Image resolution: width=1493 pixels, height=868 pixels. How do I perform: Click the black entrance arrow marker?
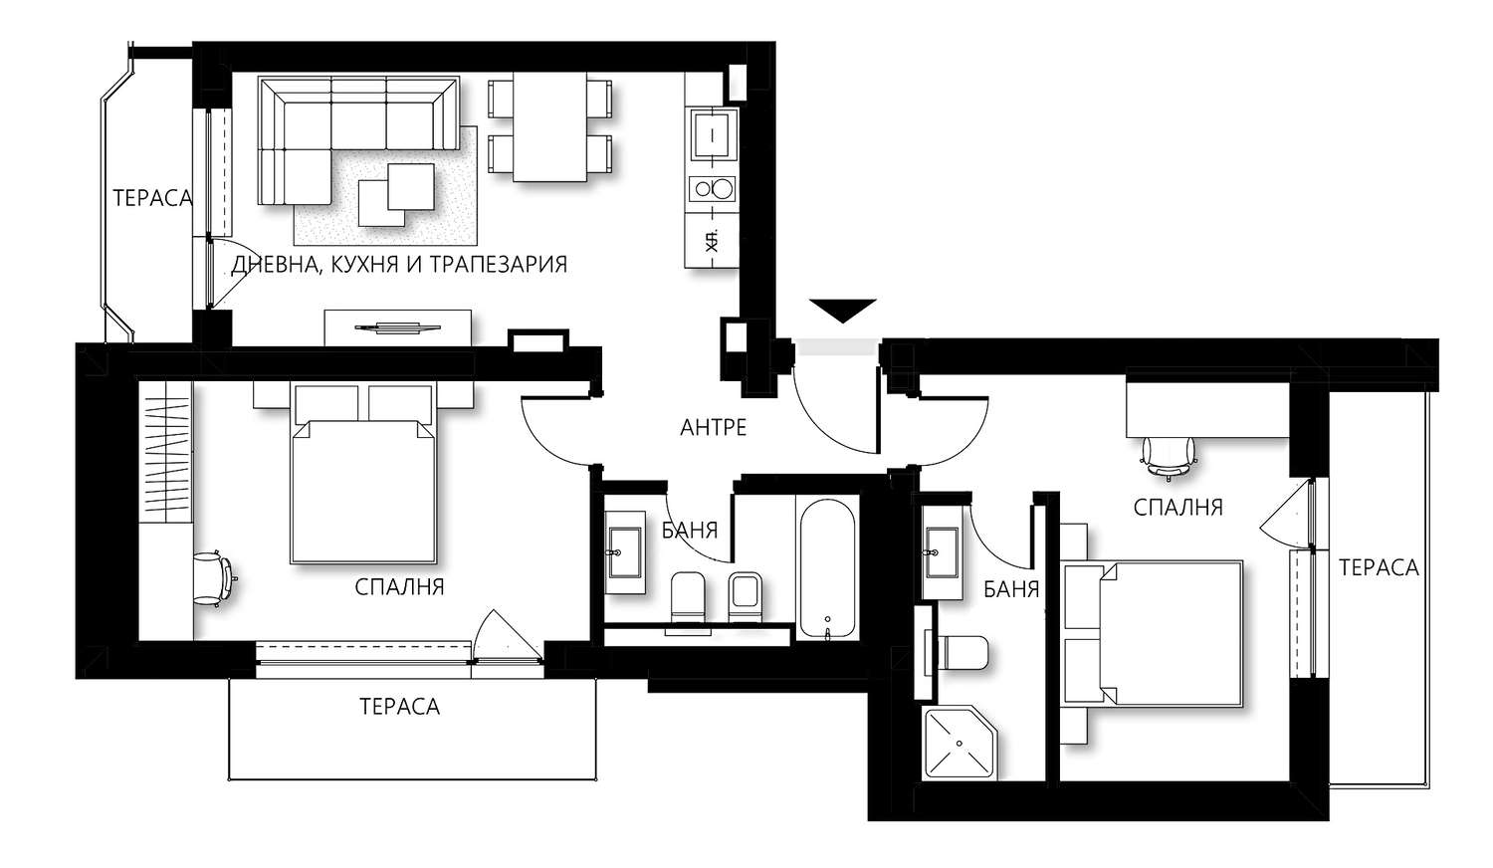coord(842,311)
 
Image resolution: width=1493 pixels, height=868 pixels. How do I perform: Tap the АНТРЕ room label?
coord(714,427)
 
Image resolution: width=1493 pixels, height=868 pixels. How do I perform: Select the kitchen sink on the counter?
coord(714,135)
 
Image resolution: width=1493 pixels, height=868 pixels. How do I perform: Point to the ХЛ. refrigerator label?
coord(712,241)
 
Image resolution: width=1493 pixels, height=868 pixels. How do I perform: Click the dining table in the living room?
coord(549,126)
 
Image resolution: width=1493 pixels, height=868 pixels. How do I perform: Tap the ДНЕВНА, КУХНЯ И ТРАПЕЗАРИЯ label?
coord(399,265)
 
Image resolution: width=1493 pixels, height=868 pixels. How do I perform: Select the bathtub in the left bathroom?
coord(826,568)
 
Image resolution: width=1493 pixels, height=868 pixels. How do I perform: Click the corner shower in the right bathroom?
coord(960,743)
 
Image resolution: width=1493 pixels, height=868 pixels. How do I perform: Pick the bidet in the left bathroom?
coord(746,596)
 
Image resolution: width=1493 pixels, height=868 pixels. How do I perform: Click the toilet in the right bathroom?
coord(960,654)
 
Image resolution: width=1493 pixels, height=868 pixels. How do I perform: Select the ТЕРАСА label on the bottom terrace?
coord(399,707)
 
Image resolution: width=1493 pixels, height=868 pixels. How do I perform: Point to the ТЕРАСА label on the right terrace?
coord(1379,568)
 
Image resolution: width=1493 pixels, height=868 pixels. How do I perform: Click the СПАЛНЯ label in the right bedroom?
coord(1177,508)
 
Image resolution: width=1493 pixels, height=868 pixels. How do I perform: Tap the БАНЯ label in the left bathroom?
coord(690,531)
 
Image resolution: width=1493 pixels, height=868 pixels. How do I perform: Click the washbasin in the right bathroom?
coord(943,552)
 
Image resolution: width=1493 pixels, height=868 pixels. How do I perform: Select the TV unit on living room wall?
coord(398,327)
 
